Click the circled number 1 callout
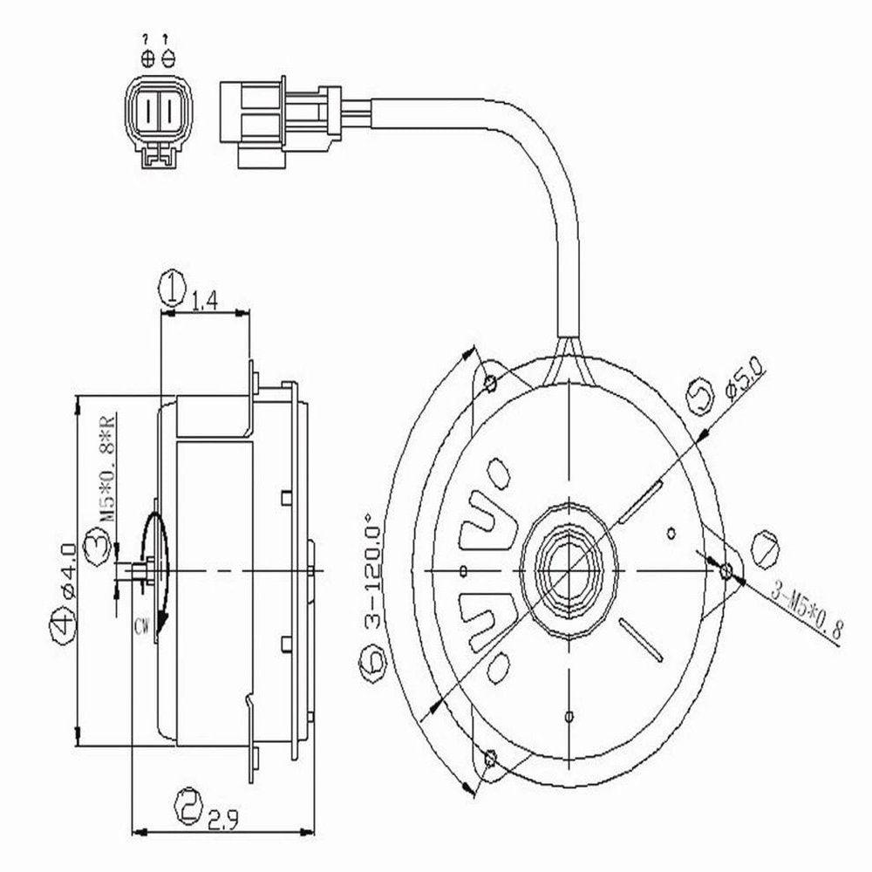click(173, 286)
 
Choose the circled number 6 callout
click(372, 663)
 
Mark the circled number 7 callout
click(765, 549)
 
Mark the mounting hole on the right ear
click(726, 570)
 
